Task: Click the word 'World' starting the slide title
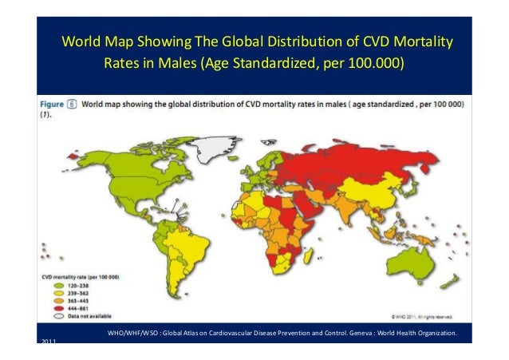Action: [x=81, y=41]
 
